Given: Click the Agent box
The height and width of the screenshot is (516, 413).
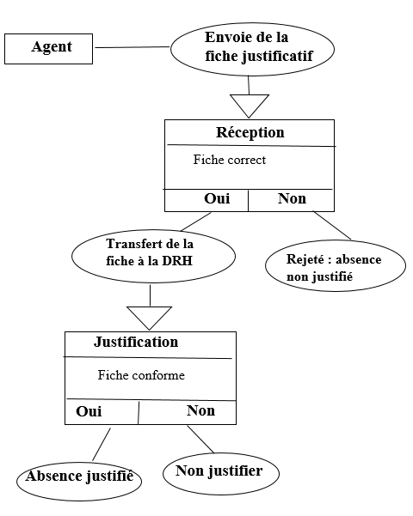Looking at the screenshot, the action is coord(48,49).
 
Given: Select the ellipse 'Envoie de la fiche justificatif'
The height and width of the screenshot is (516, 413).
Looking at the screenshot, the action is coord(252,49).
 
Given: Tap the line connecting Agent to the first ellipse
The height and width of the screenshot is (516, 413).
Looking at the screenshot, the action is coord(132,47).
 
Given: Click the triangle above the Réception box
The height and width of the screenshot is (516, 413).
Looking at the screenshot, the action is coord(250,106).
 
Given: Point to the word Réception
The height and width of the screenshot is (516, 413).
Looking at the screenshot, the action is coord(250,132).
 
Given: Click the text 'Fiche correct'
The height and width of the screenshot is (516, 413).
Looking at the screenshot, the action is coord(229,160).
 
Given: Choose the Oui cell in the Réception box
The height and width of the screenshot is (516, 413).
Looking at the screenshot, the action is coord(206,200).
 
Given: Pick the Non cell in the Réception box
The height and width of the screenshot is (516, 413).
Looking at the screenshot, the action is coord(292,200).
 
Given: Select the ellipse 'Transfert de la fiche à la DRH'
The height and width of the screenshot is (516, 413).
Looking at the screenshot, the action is coord(153,256).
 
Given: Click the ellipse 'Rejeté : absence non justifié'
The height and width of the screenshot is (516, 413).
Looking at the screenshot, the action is coord(336,265).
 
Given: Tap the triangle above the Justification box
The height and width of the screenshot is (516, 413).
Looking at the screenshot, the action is coord(150,318).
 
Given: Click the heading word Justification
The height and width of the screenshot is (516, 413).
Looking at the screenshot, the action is coord(136,342).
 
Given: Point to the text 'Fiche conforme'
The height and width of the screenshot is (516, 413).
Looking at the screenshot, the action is coord(141,375).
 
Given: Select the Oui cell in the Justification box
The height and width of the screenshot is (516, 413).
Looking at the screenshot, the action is coord(102,412).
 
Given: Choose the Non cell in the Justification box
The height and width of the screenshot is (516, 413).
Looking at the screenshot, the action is coord(188,412).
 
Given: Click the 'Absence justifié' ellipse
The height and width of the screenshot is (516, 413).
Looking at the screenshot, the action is coord(79,481).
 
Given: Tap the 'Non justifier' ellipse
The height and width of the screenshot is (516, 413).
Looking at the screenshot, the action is coord(221,474).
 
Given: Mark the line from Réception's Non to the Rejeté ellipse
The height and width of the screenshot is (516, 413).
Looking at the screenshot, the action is coord(332,226).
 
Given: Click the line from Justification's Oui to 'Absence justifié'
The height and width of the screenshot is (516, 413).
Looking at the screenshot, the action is coord(102,444).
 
